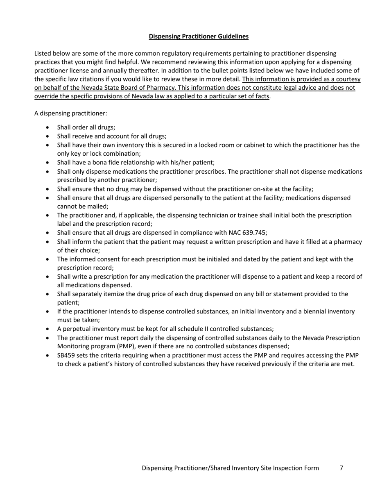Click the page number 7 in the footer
click(342, 468)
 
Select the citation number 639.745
click(254, 233)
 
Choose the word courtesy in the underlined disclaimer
click(348, 79)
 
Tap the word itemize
click(112, 294)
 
